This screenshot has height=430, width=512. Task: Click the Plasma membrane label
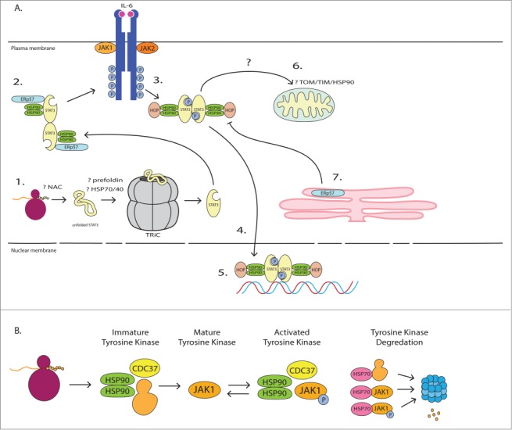pyautogui.click(x=29, y=48)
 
